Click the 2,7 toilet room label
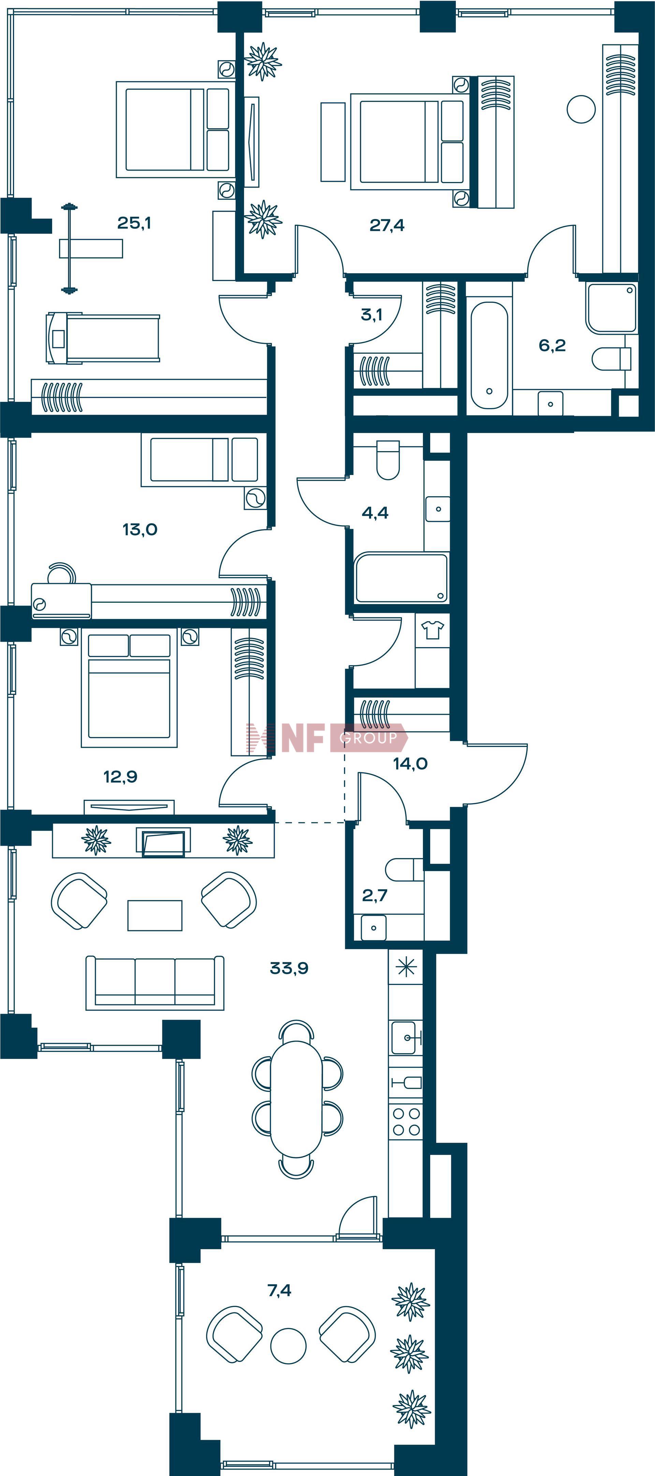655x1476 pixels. pos(375,895)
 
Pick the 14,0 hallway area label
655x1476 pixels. pos(410,763)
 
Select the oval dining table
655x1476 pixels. pos(296,1100)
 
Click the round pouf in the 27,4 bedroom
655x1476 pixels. pos(581,109)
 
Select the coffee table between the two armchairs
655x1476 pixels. pos(155,915)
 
